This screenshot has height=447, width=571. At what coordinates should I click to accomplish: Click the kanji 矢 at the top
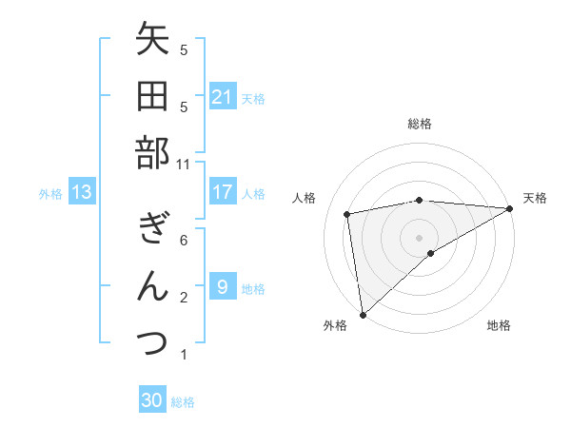click(x=152, y=41)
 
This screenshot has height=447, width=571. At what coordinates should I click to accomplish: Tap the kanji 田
click(x=152, y=97)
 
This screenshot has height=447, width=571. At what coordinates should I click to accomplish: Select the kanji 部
click(x=152, y=153)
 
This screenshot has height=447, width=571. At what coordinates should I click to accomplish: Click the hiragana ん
click(x=152, y=286)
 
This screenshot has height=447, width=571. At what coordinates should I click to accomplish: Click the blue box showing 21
click(x=223, y=97)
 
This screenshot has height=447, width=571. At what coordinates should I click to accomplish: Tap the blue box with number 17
click(x=223, y=192)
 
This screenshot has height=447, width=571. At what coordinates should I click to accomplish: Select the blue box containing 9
click(x=223, y=287)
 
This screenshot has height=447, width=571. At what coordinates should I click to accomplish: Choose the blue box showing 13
click(x=82, y=192)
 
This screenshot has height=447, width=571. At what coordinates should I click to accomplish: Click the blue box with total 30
click(x=152, y=400)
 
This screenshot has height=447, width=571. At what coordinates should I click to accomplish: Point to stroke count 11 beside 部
click(x=184, y=164)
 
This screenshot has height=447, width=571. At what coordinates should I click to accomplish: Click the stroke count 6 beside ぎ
click(x=184, y=241)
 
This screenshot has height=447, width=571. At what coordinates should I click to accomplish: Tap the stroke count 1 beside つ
click(x=184, y=355)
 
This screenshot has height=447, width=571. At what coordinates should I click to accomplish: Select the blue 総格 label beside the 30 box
click(x=183, y=402)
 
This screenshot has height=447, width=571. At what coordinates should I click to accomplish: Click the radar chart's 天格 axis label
click(x=535, y=198)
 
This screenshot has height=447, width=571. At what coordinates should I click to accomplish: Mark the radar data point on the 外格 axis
click(x=363, y=314)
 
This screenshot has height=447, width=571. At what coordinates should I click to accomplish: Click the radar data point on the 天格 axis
click(x=510, y=208)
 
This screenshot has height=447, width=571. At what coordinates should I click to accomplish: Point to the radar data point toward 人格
click(x=347, y=214)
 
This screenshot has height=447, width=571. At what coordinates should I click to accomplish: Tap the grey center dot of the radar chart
click(x=419, y=236)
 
